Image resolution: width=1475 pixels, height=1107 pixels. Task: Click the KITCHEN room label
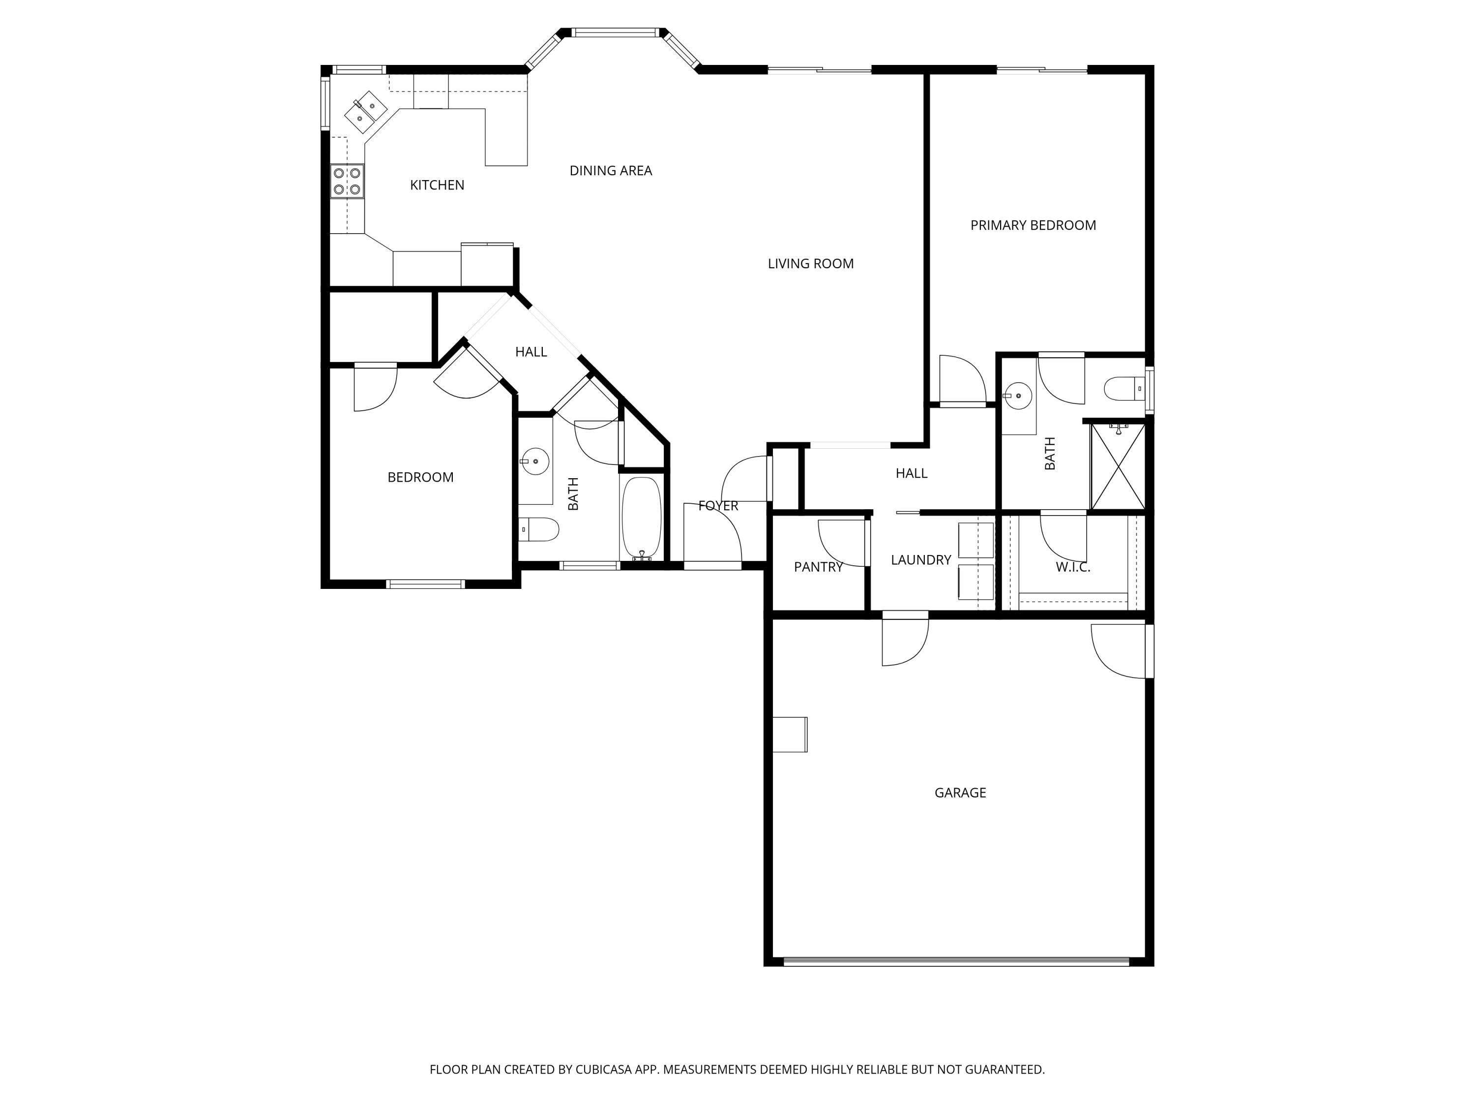(x=437, y=185)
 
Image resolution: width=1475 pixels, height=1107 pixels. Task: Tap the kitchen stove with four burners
(x=347, y=182)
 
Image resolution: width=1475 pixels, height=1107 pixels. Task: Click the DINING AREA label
(x=610, y=171)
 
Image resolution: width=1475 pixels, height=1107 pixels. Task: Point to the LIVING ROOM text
(x=810, y=264)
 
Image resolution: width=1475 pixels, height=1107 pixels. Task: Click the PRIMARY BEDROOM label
(x=1032, y=225)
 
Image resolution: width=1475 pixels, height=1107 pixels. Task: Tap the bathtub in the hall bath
(x=642, y=517)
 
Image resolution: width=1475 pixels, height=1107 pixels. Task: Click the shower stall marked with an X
(x=1118, y=466)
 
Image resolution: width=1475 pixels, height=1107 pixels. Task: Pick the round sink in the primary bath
(x=1018, y=396)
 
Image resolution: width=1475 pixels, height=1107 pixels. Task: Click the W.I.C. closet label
(x=1072, y=568)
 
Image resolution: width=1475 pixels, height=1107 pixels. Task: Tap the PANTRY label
(x=818, y=567)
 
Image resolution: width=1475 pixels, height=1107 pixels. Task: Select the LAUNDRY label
(x=920, y=560)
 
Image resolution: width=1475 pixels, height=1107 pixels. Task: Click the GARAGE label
(x=960, y=793)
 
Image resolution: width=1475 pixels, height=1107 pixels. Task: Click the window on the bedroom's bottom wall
(x=425, y=584)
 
